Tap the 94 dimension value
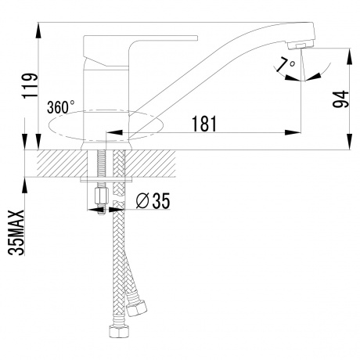tap(342, 99)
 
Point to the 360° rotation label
tap(63, 106)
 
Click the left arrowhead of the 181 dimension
tap(110, 132)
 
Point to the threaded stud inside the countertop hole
tap(101, 164)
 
